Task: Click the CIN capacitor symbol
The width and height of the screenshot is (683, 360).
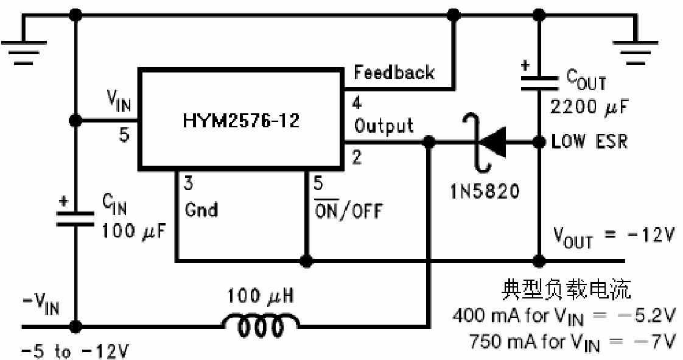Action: pos(75,218)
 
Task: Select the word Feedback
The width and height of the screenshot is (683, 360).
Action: pos(394,72)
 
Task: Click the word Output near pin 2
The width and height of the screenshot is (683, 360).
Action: pos(384,125)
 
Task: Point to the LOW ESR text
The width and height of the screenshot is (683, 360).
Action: pos(589,141)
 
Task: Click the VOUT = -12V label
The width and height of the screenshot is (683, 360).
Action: pos(612,236)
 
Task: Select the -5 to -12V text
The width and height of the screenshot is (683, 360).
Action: pos(75,351)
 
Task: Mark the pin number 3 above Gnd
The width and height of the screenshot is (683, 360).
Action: pos(189,183)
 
